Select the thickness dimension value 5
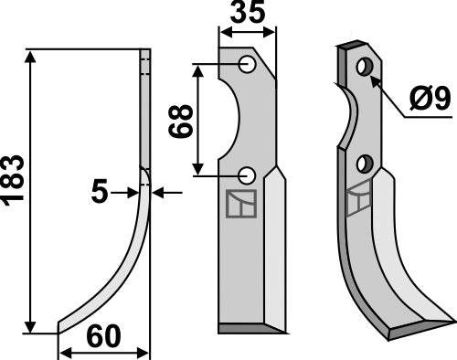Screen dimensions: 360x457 point(101,192)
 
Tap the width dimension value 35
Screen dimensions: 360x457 point(246,15)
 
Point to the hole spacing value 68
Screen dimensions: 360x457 point(181,119)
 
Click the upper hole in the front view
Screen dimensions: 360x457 point(247,64)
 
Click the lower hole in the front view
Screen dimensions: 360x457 point(247,175)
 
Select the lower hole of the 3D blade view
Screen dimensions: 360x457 point(365,164)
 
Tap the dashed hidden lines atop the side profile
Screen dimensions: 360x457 point(143,64)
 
